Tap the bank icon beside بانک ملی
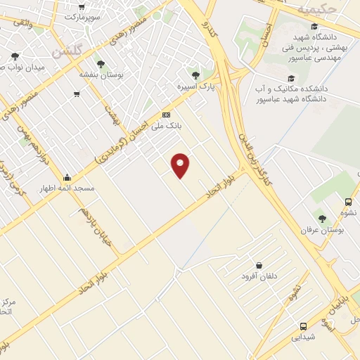[x=166, y=115]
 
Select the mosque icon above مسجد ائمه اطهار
[x=67, y=177]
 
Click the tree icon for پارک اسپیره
[x=195, y=75]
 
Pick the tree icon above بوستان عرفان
[x=322, y=219]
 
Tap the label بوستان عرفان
[x=321, y=230]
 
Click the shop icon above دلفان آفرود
[x=259, y=265]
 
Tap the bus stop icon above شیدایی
[x=303, y=326]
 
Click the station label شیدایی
[x=304, y=337]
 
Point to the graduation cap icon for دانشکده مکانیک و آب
[x=291, y=78]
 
